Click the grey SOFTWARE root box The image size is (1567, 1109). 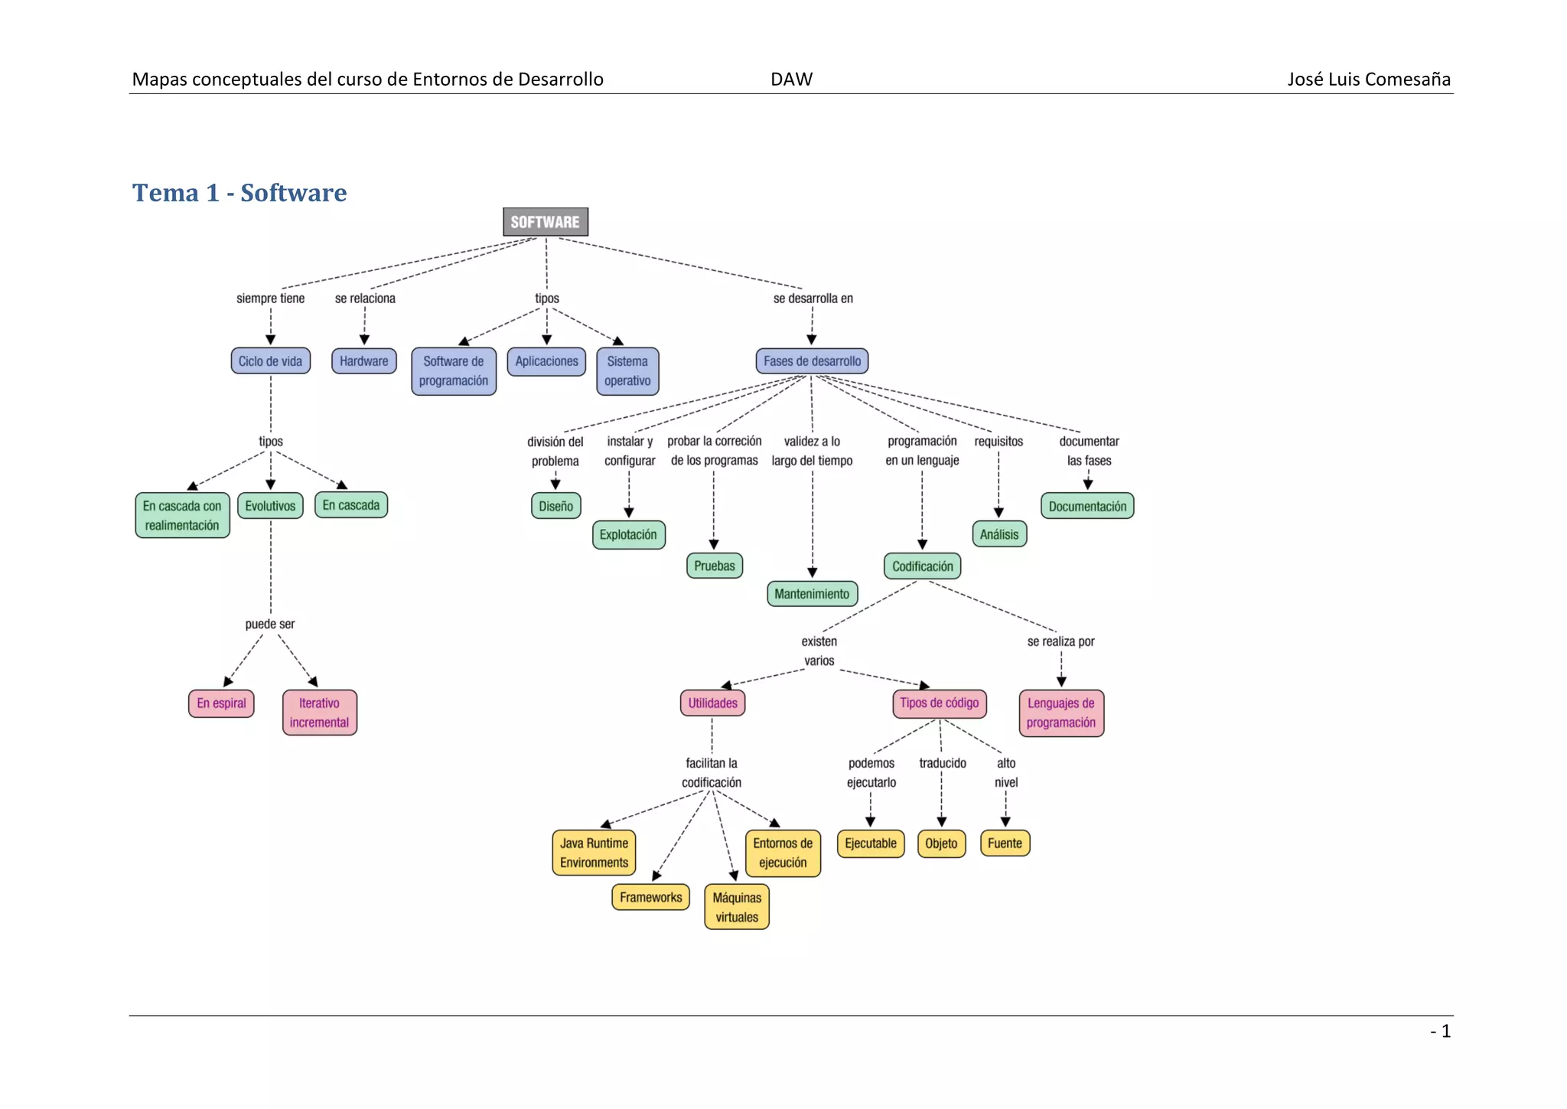tap(545, 222)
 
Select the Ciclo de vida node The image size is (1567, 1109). tap(270, 361)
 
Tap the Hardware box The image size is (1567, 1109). tap(363, 361)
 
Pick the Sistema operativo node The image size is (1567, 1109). tap(627, 371)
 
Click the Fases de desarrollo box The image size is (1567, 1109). tap(812, 361)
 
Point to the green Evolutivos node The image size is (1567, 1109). tap(270, 506)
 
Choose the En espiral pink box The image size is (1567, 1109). tap(221, 703)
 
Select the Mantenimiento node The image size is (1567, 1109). tap(812, 594)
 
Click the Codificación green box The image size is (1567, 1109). tap(922, 566)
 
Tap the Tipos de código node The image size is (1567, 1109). tap(939, 703)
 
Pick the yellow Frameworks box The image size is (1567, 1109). tap(650, 897)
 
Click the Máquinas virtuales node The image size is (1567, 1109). tap(737, 907)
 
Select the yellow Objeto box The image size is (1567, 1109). tap(941, 843)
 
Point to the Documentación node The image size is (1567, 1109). tap(1087, 507)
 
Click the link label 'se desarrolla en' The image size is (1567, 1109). tap(813, 298)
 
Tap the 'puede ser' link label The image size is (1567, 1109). tap(270, 625)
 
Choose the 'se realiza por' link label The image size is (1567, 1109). tap(1060, 641)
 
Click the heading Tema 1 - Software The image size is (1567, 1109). tap(239, 193)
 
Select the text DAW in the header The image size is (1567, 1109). tap(791, 80)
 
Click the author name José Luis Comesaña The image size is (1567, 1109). tap(1368, 80)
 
